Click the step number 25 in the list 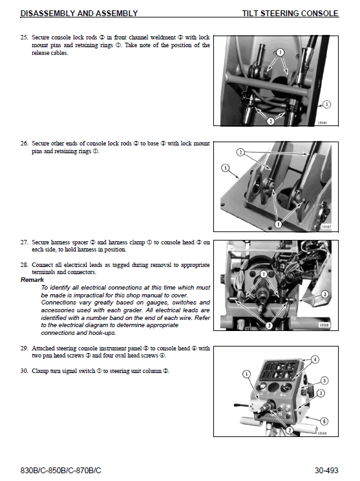point(24,37)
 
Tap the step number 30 point(24,371)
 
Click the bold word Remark point(32,280)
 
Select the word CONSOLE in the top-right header point(319,13)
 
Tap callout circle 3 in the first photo point(326,103)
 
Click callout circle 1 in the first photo point(280,52)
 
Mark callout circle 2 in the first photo point(270,120)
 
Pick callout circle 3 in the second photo point(225,168)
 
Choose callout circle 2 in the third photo point(268,326)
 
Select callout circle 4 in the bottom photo point(315,359)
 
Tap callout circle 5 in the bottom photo point(324,381)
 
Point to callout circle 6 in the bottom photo point(325,421)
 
